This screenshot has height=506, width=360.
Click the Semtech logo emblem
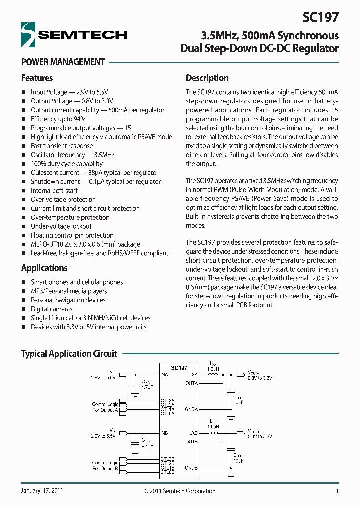29,34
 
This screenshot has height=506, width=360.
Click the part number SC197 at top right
320,18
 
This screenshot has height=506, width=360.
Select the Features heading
37,78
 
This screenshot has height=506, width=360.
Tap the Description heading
207,78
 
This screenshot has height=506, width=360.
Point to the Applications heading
44,268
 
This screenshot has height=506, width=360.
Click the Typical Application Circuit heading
69,354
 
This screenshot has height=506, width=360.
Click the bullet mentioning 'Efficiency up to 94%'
58,119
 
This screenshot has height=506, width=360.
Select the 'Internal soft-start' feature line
54,190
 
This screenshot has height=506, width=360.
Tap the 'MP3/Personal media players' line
69,291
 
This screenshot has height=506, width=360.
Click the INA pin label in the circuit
164,374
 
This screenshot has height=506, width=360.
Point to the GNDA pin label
191,409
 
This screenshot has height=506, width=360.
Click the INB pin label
164,433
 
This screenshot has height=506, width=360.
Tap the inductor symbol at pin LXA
213,374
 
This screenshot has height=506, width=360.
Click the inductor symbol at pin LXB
214,433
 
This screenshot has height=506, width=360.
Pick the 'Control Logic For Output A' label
105,407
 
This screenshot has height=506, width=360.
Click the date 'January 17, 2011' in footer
42,491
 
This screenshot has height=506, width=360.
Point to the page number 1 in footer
337,491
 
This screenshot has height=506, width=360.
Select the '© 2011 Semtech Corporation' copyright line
180,491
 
